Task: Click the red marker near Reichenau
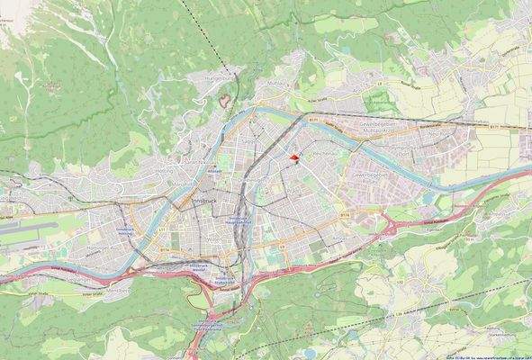point(293,158)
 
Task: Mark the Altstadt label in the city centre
point(213,169)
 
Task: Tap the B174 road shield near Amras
point(345,215)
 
